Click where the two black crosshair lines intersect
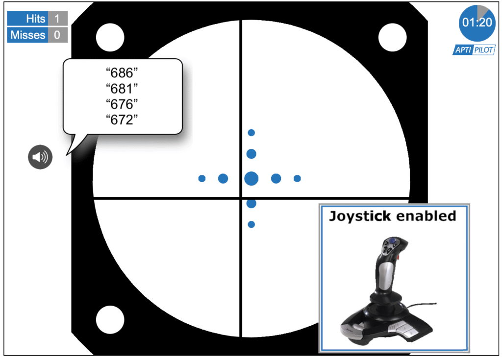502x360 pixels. [x=241, y=198]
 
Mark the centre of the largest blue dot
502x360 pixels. [x=251, y=179]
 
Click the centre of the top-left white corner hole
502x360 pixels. [x=110, y=37]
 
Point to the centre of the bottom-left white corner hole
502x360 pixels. [x=110, y=320]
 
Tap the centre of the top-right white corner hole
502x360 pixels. [x=393, y=37]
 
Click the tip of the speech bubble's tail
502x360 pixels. [x=67, y=155]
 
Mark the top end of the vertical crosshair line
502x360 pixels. [x=241, y=20]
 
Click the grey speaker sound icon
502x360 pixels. [x=40, y=157]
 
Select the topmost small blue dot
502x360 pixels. [x=251, y=132]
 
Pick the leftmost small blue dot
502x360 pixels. [x=201, y=179]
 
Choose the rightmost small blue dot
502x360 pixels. [x=297, y=179]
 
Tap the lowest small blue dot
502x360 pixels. [x=251, y=225]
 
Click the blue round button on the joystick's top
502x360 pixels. [x=392, y=240]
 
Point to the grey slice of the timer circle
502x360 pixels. [x=483, y=12]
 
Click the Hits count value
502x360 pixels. [x=57, y=18]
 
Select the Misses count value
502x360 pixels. [x=57, y=35]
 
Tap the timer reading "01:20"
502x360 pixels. [x=477, y=23]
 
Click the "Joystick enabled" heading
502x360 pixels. [x=393, y=216]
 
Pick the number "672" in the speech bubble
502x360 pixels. [x=122, y=120]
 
